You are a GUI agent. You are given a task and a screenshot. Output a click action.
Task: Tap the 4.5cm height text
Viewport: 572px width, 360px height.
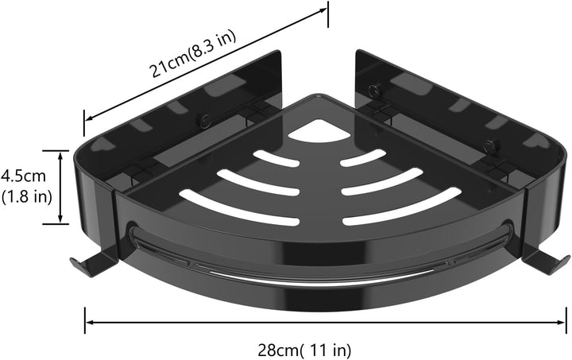click(24, 176)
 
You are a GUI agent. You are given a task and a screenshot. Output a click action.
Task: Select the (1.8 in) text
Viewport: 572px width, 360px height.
click(27, 197)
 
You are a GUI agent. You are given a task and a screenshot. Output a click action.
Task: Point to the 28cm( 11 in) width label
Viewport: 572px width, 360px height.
click(304, 350)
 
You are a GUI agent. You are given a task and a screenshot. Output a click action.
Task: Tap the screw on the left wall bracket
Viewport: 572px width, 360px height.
click(204, 121)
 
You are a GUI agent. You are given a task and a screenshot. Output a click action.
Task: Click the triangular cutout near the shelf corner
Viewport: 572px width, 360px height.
click(319, 131)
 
